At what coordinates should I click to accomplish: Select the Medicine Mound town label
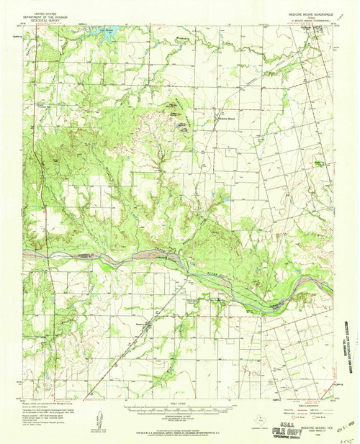point(228,119)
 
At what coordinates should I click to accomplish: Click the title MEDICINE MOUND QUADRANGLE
point(307,12)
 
